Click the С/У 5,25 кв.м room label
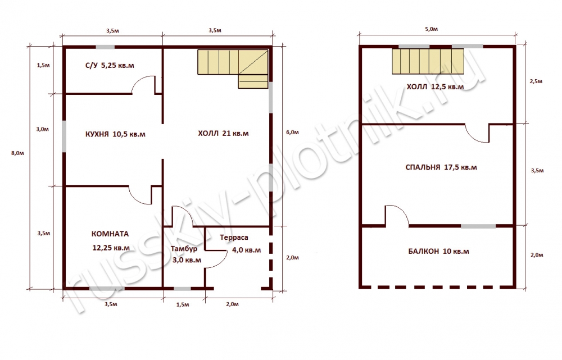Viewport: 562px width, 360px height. (x=110, y=66)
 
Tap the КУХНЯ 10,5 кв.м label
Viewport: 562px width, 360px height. (x=115, y=134)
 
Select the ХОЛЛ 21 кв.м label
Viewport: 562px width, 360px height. (x=223, y=134)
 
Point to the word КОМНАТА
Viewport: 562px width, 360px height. (x=110, y=234)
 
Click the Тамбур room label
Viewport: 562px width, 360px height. (x=184, y=249)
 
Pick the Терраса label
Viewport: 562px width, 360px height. (x=234, y=238)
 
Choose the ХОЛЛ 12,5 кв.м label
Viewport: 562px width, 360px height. (x=435, y=87)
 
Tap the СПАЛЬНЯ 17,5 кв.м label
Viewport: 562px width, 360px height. (x=441, y=167)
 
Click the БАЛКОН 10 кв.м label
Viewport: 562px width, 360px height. (x=439, y=252)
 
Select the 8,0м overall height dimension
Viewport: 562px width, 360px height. (x=17, y=153)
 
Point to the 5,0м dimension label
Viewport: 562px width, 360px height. (x=431, y=29)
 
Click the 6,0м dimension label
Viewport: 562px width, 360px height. (x=292, y=132)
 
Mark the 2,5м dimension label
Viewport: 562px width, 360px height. (x=536, y=81)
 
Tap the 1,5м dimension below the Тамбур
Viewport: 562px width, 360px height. (x=183, y=304)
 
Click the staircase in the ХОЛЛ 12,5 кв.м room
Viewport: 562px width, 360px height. (x=428, y=61)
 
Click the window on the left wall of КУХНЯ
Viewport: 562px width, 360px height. (x=64, y=136)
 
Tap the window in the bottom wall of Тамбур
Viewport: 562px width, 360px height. (x=182, y=289)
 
